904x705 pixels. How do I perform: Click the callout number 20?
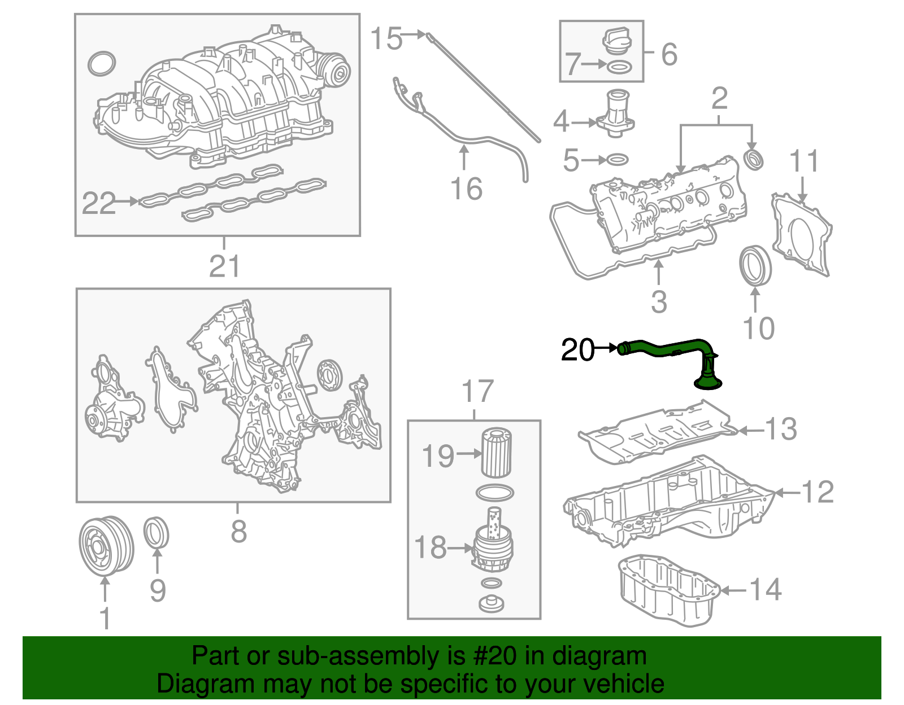[x=577, y=350]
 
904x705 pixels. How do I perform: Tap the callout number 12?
[x=818, y=492]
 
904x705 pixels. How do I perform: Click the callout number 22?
[x=98, y=203]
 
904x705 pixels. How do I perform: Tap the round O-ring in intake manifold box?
[x=102, y=64]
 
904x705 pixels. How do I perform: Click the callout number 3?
[x=659, y=303]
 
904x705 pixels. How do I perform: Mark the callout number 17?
[x=477, y=391]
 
